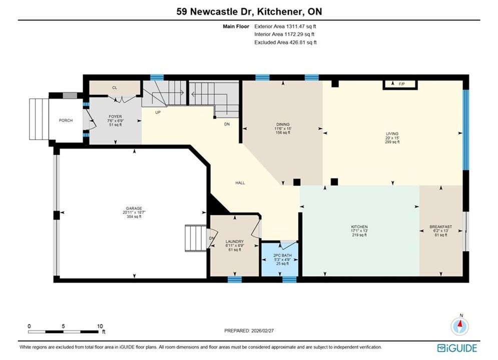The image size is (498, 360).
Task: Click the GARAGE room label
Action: (134, 208)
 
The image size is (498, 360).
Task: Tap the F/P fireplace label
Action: (402, 84)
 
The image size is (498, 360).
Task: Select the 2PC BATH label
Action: (282, 255)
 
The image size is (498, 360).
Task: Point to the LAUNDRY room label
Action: (234, 241)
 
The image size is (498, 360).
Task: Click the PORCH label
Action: (66, 120)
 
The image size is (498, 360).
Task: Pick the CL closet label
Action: (115, 87)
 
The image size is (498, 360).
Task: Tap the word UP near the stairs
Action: (158, 112)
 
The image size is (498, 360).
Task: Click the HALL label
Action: (240, 182)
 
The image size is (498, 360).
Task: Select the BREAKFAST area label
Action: (440, 227)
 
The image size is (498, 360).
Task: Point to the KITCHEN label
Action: (359, 227)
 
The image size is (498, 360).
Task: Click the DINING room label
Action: (283, 124)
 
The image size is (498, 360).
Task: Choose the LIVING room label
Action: (392, 134)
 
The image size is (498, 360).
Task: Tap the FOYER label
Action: (115, 116)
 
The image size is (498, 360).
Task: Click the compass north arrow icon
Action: (459, 325)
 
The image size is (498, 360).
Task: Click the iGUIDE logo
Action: (457, 348)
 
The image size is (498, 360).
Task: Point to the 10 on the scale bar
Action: (100, 326)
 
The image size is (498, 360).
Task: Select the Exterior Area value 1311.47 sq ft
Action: (301, 26)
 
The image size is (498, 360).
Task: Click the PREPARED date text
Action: (249, 330)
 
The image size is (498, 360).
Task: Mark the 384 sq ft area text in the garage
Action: (134, 216)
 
